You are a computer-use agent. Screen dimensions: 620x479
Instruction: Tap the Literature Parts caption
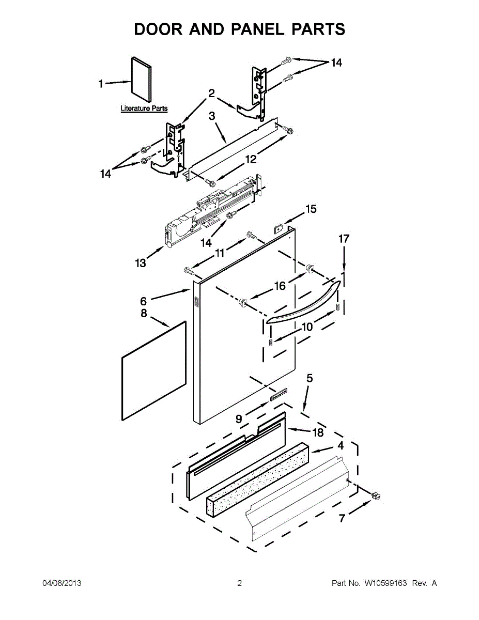[144, 109]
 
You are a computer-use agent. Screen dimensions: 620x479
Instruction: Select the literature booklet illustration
[141, 79]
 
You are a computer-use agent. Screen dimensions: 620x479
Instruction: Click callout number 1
[102, 83]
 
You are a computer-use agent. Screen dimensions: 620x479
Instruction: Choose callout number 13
[141, 263]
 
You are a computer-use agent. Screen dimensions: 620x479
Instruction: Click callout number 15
[311, 209]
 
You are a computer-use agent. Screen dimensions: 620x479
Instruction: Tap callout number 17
[344, 239]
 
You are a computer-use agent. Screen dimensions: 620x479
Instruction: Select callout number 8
[144, 313]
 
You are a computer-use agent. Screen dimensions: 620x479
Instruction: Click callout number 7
[342, 519]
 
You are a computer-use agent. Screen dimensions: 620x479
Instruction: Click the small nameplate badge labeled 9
[276, 395]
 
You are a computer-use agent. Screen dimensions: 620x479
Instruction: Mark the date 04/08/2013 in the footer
[61, 583]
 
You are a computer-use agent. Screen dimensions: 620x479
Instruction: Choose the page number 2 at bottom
[239, 583]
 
